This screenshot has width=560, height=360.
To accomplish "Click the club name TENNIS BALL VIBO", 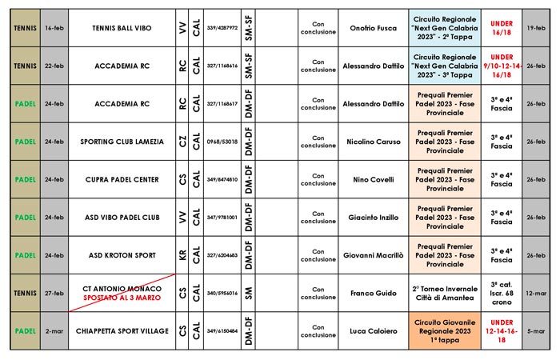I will coord(121,27).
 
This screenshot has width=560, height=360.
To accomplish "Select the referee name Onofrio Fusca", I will coord(374,27).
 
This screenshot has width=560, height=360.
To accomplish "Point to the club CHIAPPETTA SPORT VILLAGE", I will coord(121,330).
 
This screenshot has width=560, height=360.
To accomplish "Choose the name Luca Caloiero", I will coord(374,330).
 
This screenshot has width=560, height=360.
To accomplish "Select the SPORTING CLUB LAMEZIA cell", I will coord(121,142).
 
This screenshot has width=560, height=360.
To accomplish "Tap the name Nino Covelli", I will coord(374,179).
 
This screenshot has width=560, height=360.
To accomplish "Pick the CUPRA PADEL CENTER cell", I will coord(121,179).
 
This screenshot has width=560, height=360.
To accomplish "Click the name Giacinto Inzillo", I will coord(374,217).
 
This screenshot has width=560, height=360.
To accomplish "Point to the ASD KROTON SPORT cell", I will coord(121,254).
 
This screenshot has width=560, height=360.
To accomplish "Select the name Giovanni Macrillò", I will coord(374,254).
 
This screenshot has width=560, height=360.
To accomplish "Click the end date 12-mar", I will coord(537,293).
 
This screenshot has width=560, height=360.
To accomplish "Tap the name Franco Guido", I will coord(374,293).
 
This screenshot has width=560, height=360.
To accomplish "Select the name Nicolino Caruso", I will coord(374,142).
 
